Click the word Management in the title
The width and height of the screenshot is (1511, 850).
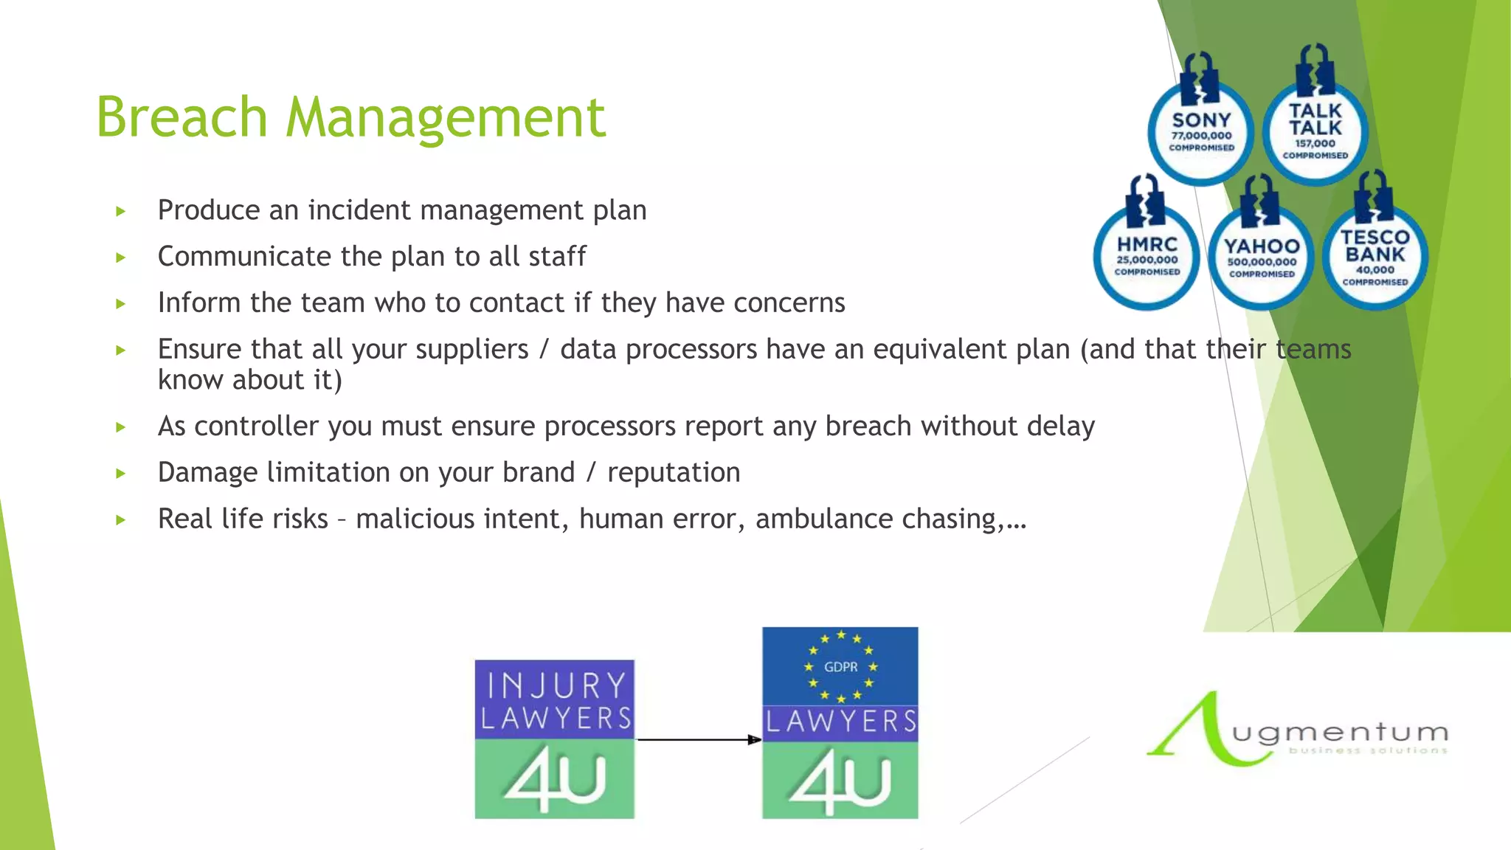[x=446, y=118]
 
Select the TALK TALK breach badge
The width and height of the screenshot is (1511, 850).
[x=1315, y=133]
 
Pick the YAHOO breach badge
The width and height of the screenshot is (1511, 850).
[x=1262, y=258]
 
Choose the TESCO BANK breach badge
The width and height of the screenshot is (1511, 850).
[x=1375, y=258]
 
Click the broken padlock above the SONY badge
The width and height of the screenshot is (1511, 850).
[x=1200, y=77]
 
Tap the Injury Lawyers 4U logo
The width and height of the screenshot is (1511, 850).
[x=554, y=739]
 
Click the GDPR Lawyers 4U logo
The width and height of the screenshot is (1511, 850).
[x=840, y=723]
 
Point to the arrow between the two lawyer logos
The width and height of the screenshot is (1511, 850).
[x=698, y=739]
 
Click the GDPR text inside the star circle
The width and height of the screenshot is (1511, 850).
[x=840, y=667]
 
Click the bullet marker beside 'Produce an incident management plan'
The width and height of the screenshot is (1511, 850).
[x=121, y=212]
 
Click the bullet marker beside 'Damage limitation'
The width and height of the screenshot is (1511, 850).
[x=121, y=474]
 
